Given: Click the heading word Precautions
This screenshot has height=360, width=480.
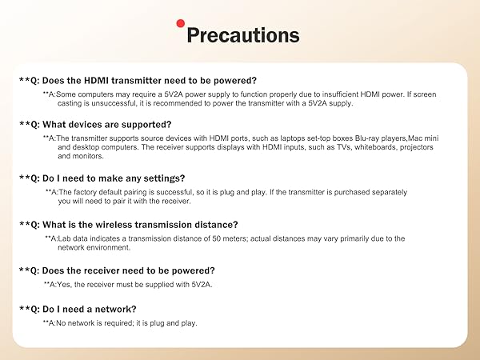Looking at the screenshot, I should point(242,36).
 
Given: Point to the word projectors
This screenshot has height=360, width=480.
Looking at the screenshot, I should point(416,147).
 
